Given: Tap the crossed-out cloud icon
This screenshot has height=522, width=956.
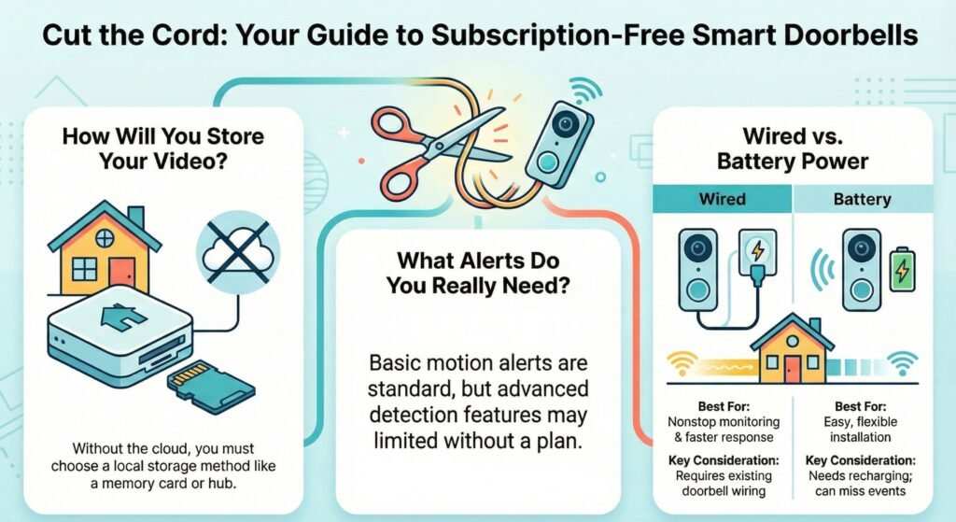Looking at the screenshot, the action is click(x=238, y=252).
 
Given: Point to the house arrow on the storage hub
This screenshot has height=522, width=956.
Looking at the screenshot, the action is click(x=123, y=316).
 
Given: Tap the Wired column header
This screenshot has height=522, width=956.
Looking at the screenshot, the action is click(x=722, y=199).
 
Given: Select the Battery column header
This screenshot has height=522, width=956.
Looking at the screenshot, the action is click(x=862, y=199).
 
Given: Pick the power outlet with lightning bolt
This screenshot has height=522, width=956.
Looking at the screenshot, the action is click(x=757, y=252).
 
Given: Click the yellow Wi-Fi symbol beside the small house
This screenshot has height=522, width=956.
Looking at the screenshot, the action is click(x=681, y=363).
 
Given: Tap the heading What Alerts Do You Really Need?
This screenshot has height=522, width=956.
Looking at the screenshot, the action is click(x=478, y=273).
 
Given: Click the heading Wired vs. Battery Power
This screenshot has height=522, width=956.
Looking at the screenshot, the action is click(x=793, y=148).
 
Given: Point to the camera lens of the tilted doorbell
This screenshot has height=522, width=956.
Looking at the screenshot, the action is click(x=565, y=124).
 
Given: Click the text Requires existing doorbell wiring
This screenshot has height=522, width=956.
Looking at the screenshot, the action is click(x=724, y=483).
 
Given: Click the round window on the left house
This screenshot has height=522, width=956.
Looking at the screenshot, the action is click(x=105, y=236).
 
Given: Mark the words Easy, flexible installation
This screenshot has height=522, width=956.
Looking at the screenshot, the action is click(x=860, y=430).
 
